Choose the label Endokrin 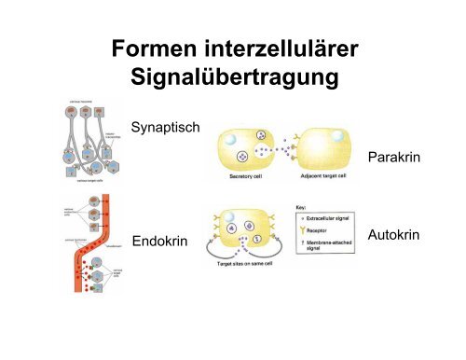161,242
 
